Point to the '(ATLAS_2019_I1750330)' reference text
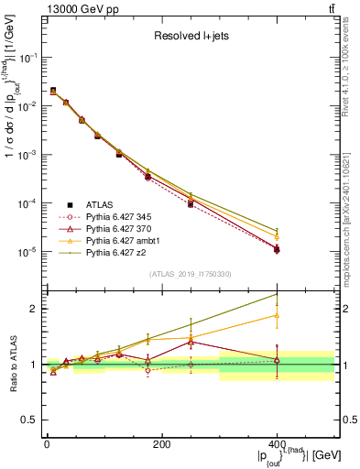pos(189,273)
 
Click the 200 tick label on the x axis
pos(161,443)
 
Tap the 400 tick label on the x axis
pos(277,443)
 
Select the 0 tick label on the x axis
pos(47,443)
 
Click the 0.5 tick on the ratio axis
pos(32,420)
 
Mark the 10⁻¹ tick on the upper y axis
pos(29,57)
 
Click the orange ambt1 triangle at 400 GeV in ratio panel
pos(277,315)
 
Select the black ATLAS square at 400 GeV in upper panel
pos(277,248)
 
